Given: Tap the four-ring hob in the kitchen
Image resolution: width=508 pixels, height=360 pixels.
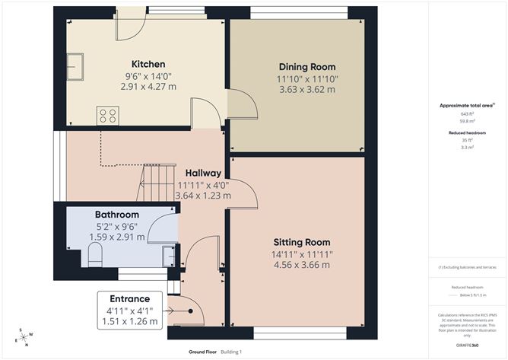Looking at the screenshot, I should click(107, 116).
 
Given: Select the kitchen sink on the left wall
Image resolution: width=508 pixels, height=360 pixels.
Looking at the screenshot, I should click(75, 66).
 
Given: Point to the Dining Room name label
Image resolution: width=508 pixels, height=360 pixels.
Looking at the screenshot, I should click(306, 67).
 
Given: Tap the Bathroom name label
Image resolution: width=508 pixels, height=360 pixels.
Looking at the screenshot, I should click(116, 215).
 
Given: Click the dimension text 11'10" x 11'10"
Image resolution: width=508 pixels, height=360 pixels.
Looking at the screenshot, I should click(306, 78).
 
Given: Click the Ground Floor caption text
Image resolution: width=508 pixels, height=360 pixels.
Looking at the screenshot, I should click(202, 352).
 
